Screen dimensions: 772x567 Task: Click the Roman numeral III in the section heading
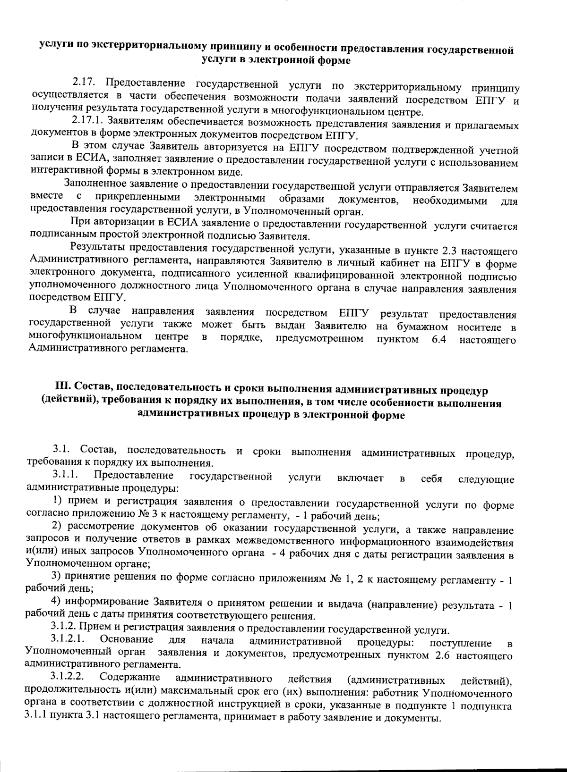(61, 391)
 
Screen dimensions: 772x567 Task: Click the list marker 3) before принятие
(57, 576)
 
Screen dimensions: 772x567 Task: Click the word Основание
(126, 640)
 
